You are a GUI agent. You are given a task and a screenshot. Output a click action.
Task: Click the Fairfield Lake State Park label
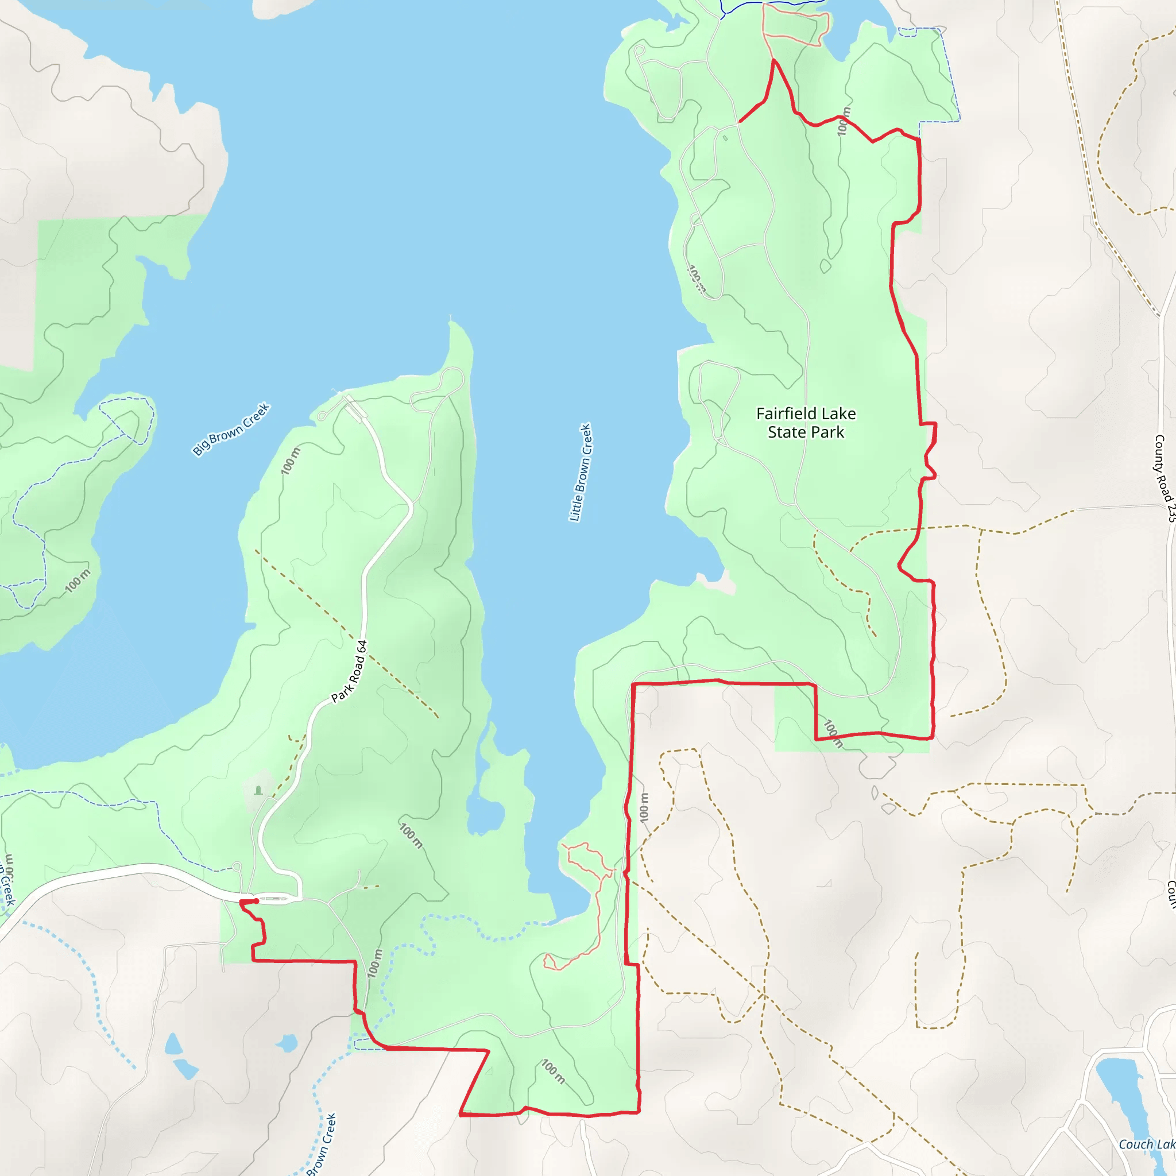pos(805,423)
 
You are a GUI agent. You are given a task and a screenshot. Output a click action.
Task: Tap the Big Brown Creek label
pos(231,429)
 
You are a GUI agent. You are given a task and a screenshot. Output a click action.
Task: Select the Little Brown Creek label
pos(580,473)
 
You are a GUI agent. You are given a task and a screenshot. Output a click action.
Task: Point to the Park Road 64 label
pos(349,671)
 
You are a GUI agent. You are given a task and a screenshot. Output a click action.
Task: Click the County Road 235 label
pos(1163,478)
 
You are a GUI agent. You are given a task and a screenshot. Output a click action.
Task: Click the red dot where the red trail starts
pos(256,901)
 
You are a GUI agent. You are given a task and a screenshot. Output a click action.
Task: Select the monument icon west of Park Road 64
pos(258,790)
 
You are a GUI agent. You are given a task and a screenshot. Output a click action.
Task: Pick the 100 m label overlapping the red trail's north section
pos(842,122)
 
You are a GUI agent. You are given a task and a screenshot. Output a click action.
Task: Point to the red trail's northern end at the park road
pos(740,122)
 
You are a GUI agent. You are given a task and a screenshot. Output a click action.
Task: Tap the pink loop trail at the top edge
pos(794,24)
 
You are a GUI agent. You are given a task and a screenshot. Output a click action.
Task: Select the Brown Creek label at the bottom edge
pos(322,1144)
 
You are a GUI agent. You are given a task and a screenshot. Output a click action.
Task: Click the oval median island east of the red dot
pos(274,899)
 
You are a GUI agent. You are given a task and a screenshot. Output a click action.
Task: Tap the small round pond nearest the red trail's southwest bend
pos(287,1044)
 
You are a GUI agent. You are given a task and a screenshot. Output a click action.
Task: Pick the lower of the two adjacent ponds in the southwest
pos(185,1069)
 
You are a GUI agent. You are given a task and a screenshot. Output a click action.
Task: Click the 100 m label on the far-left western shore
pos(78,581)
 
